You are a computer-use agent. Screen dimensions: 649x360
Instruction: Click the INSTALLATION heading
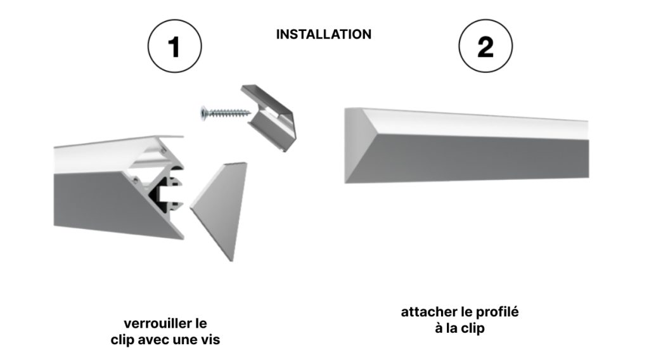tap(324, 34)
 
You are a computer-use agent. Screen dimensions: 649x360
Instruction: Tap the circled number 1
tap(175, 46)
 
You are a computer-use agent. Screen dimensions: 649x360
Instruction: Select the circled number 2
tap(485, 46)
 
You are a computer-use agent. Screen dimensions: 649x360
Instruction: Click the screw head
tap(204, 113)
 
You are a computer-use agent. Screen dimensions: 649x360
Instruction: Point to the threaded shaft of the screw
tap(229, 113)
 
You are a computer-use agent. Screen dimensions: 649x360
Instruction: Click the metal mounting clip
tap(269, 117)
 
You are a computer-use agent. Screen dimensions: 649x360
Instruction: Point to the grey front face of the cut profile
tap(110, 202)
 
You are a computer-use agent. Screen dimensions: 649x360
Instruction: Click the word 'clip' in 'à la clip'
tap(473, 328)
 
